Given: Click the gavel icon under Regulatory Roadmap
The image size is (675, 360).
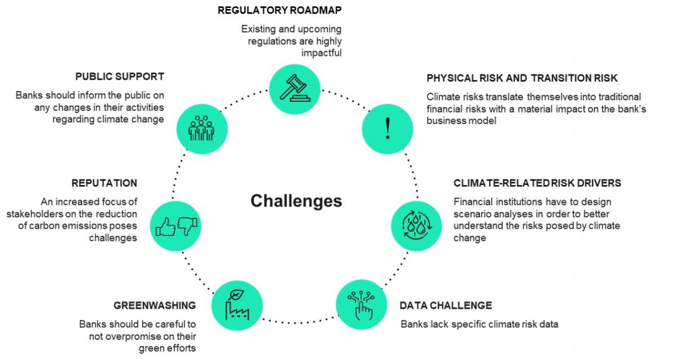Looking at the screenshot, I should (294, 89).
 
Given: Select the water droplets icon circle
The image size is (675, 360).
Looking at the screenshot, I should (416, 225).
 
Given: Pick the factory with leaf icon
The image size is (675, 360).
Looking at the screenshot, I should (237, 305).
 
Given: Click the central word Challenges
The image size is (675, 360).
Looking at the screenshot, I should (296, 201).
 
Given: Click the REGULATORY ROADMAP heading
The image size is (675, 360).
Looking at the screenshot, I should (280, 10).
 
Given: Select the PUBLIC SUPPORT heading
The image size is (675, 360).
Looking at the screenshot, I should (120, 76).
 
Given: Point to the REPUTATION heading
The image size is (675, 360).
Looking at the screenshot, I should (104, 183).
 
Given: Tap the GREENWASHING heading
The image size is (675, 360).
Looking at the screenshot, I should (155, 305).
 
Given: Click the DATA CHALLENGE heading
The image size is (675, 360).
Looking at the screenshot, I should (445, 305).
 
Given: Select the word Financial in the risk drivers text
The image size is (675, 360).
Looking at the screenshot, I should (474, 201).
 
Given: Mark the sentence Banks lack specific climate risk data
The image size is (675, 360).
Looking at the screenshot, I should (479, 324).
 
